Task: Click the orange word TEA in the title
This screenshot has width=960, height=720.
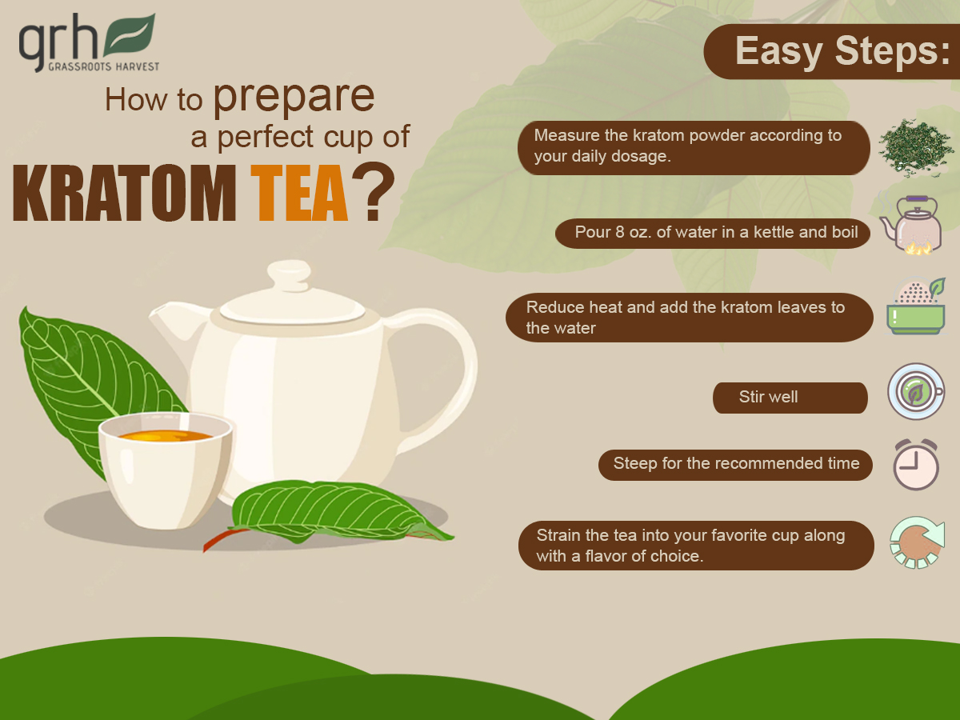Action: [300, 194]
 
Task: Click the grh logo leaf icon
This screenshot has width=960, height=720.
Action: [130, 34]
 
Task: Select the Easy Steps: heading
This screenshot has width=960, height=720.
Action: [836, 52]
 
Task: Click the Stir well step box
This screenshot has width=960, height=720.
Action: [790, 398]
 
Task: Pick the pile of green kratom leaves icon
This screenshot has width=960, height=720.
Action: [915, 147]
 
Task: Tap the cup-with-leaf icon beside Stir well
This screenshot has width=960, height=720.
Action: [915, 392]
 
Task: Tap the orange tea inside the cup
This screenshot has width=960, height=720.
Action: [166, 437]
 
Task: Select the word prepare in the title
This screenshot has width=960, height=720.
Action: [294, 96]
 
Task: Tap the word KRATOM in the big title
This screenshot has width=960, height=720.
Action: [125, 194]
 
